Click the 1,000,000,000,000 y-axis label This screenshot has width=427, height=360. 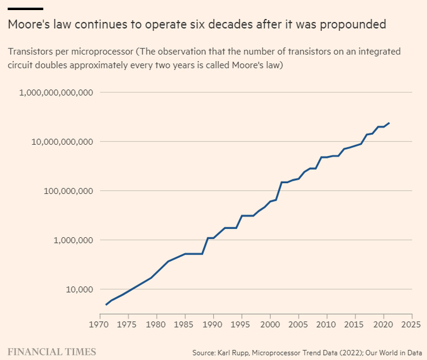(57, 93)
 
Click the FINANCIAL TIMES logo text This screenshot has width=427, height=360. (52, 351)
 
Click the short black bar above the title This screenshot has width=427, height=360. (25, 9)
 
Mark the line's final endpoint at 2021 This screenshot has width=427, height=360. (389, 123)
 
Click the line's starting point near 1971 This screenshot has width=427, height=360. (106, 305)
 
